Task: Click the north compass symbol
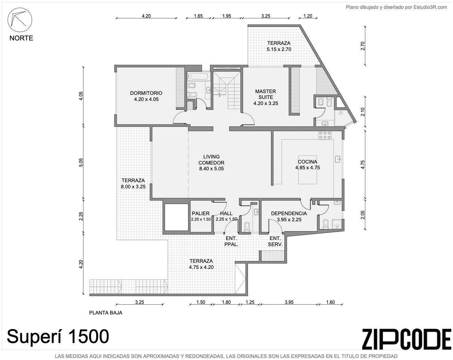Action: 20,20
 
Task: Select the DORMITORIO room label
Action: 146,93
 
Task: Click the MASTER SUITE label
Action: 266,94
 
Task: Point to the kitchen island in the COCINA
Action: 307,170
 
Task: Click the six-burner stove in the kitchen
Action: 325,135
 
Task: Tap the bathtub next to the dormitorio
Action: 199,76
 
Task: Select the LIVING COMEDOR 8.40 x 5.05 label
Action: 211,162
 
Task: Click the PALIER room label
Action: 201,213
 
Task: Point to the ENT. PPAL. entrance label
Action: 231,241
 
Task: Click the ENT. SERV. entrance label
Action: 275,241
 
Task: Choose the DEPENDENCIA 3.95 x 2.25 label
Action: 289,216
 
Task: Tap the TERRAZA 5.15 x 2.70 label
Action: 279,46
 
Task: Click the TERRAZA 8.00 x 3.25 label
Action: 133,184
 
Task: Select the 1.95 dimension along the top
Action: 227,16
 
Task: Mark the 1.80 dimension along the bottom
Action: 226,302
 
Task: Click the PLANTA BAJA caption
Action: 106,313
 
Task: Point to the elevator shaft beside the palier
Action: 176,217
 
